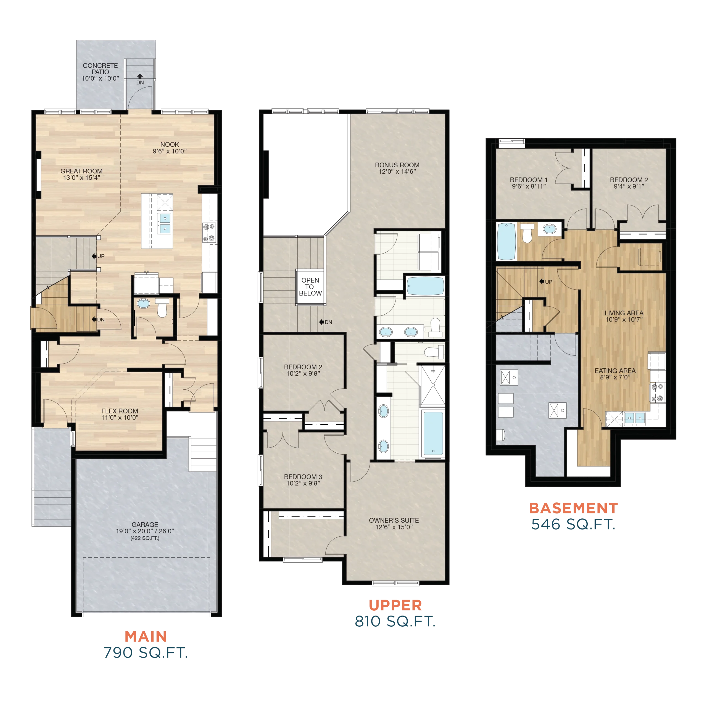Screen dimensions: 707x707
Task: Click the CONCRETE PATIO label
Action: (x=100, y=69)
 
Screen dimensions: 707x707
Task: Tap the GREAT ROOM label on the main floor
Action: (x=81, y=171)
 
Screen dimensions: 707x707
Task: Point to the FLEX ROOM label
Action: (x=120, y=411)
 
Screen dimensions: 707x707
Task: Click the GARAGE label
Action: (x=145, y=524)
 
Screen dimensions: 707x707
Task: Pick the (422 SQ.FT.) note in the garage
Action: (x=145, y=538)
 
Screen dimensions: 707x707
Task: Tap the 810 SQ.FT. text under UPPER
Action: (x=395, y=621)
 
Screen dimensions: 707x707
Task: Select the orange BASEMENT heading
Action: (x=573, y=508)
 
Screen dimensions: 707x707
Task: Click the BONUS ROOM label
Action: (x=397, y=165)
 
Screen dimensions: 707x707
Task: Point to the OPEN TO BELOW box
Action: (x=310, y=287)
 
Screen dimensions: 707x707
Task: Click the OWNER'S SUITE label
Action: (x=394, y=520)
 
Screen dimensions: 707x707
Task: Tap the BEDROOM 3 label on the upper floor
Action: (x=303, y=477)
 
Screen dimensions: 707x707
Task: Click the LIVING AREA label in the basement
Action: (x=624, y=313)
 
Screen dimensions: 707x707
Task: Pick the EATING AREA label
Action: (x=615, y=371)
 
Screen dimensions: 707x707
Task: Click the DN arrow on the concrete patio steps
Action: (x=140, y=76)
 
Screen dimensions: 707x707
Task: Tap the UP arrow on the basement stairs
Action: (x=542, y=281)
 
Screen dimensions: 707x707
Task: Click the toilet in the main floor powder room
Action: (x=162, y=308)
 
